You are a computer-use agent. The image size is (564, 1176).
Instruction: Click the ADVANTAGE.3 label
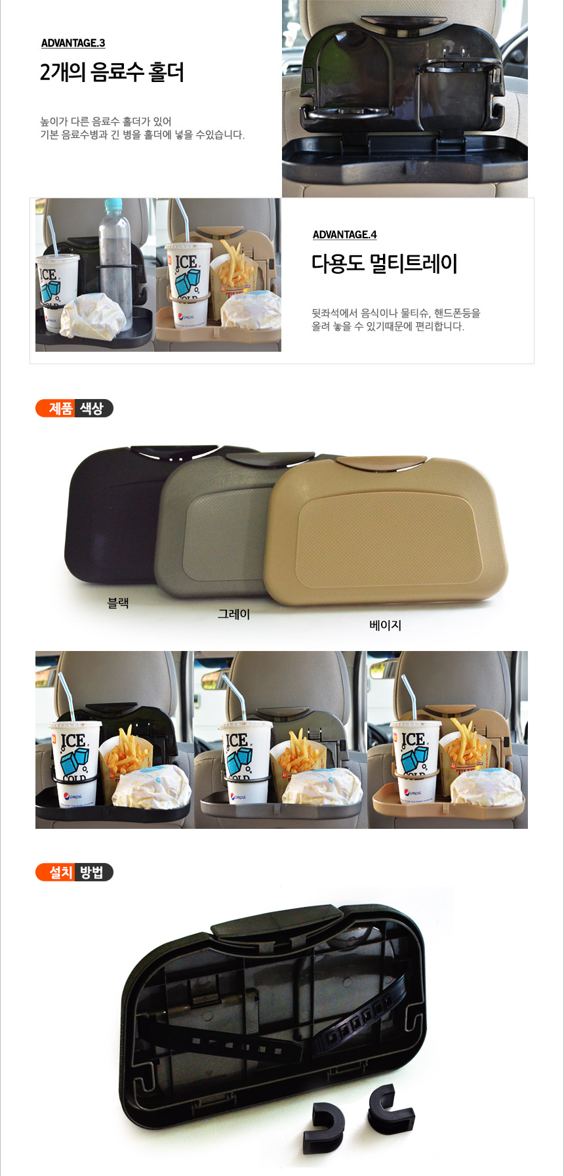click(x=73, y=43)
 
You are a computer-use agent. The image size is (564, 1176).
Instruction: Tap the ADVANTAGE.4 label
click(x=344, y=235)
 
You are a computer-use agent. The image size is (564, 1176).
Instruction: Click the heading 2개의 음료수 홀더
click(x=112, y=72)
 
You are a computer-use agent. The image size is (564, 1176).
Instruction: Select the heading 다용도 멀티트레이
click(x=384, y=264)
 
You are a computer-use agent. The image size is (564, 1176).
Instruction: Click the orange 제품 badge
click(x=56, y=408)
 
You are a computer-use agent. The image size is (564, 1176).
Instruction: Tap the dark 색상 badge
click(x=93, y=408)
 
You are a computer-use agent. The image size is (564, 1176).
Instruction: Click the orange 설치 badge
click(x=56, y=872)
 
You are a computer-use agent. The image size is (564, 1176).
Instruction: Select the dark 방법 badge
click(x=93, y=872)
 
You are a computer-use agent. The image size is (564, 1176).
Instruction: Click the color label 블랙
click(x=118, y=602)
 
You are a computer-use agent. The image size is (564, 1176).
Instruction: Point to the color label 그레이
click(x=234, y=614)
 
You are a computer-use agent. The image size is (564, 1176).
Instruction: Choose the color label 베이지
click(x=385, y=625)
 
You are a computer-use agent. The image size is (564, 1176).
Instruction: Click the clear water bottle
click(x=115, y=262)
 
